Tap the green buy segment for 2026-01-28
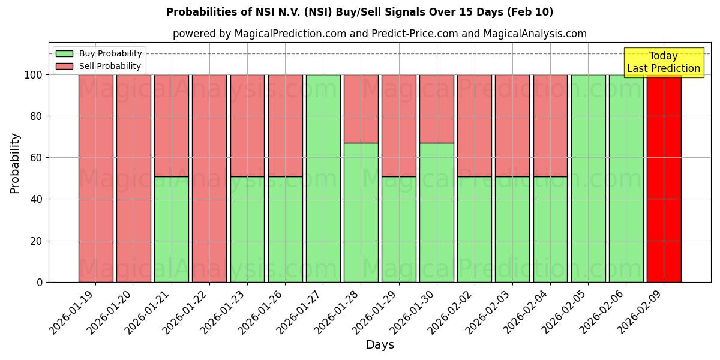click(361, 212)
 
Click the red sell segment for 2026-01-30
click(437, 109)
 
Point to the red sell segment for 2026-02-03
click(512, 125)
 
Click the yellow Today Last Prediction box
click(663, 62)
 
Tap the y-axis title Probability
click(15, 163)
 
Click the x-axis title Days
click(380, 345)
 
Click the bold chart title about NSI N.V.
click(360, 12)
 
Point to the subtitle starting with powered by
click(380, 34)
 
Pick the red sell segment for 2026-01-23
click(247, 125)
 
